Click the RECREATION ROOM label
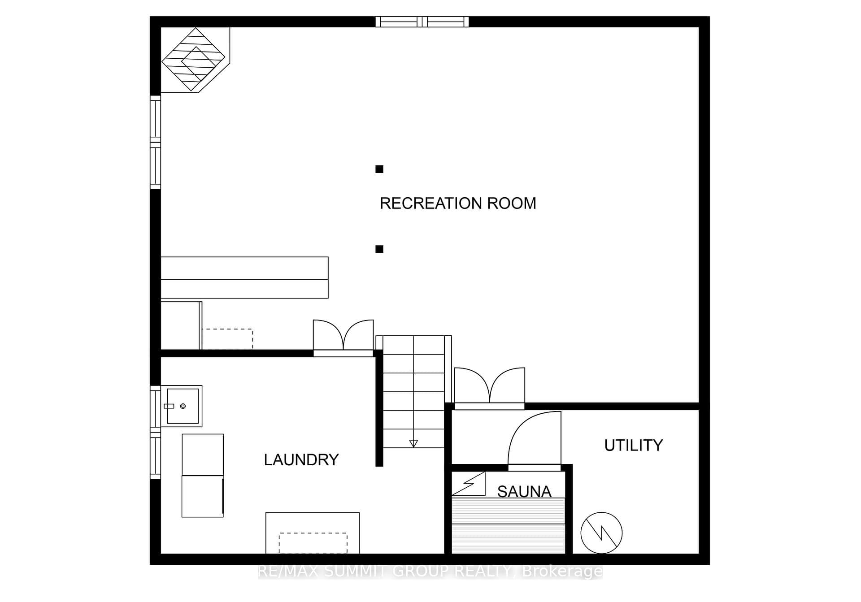pos(458,204)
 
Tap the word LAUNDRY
pos(301,460)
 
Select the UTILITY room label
pos(634,446)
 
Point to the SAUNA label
pos(524,492)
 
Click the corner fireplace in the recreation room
pos(196,60)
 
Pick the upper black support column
pos(379,169)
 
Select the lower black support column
pos(379,249)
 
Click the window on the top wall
pos(422,22)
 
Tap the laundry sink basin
pos(183,406)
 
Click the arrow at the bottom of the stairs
pos(413,444)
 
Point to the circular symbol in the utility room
pos(601,533)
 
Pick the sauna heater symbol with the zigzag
pos(469,484)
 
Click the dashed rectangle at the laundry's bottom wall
pos(313,543)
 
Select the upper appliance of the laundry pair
pos(203,455)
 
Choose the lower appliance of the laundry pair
pos(203,496)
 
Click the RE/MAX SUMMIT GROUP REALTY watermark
pos(430,571)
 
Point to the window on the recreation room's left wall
pos(155,142)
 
